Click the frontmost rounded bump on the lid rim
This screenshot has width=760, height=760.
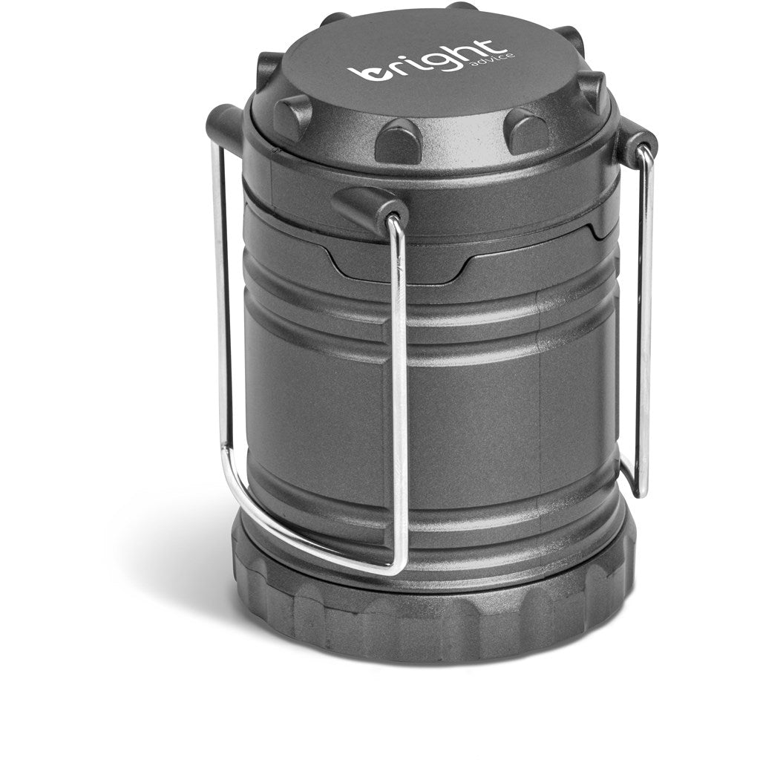(398, 140)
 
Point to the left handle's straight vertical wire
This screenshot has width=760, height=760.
(220, 297)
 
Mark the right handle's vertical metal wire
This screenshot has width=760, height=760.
(643, 319)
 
